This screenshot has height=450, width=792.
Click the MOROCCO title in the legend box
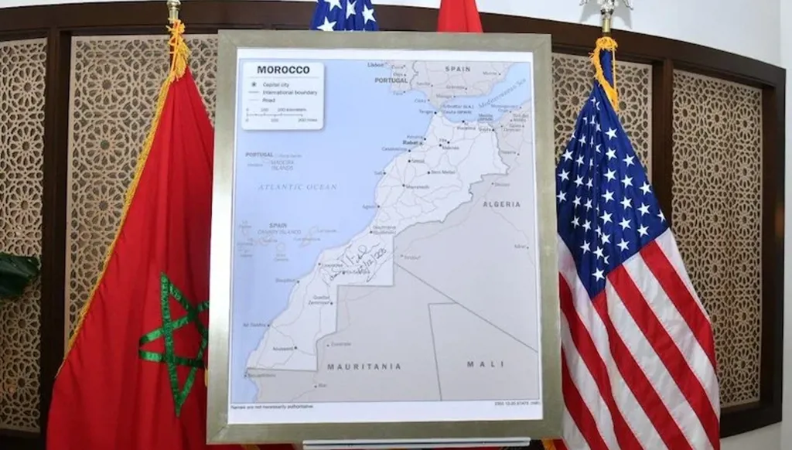click(x=282, y=70)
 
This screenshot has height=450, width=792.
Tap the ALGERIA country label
click(x=501, y=204)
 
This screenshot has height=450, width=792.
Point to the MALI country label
click(x=485, y=363)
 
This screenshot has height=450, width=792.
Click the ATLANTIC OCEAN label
click(x=298, y=187)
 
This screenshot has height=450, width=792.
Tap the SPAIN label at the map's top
click(x=458, y=69)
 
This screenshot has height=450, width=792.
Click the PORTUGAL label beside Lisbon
click(x=391, y=80)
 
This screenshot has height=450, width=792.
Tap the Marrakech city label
click(x=417, y=186)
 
